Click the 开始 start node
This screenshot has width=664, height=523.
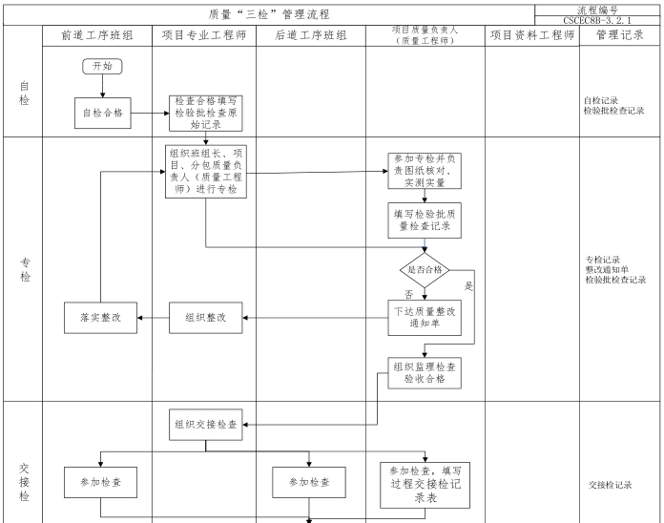pos(102,66)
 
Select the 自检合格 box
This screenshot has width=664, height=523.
pos(103,113)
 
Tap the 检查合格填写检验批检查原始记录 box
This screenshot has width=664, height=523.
pos(205,113)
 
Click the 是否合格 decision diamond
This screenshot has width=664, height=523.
pos(424,271)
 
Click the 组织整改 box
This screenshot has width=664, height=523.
pos(205,318)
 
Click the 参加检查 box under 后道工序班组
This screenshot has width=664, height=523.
pos(309,482)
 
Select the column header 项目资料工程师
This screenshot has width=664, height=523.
pos(531,34)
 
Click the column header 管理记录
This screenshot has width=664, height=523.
pos(620,34)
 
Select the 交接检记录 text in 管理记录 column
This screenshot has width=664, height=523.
pos(611,485)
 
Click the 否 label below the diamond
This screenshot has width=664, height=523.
pos(408,295)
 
